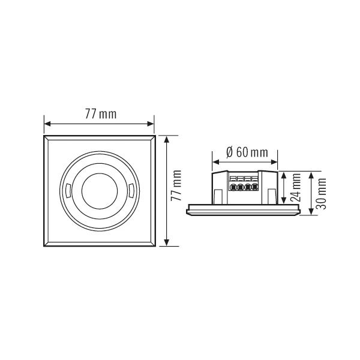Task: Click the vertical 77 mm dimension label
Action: pyautogui.click(x=176, y=191)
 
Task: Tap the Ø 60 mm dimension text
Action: pyautogui.click(x=247, y=152)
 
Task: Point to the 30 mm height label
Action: pyautogui.click(x=321, y=193)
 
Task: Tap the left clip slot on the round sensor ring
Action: pyautogui.click(x=68, y=191)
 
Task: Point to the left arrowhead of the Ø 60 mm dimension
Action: pyautogui.click(x=215, y=161)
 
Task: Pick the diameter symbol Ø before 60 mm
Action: pyautogui.click(x=230, y=152)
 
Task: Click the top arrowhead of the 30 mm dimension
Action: pyautogui.click(x=310, y=175)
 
